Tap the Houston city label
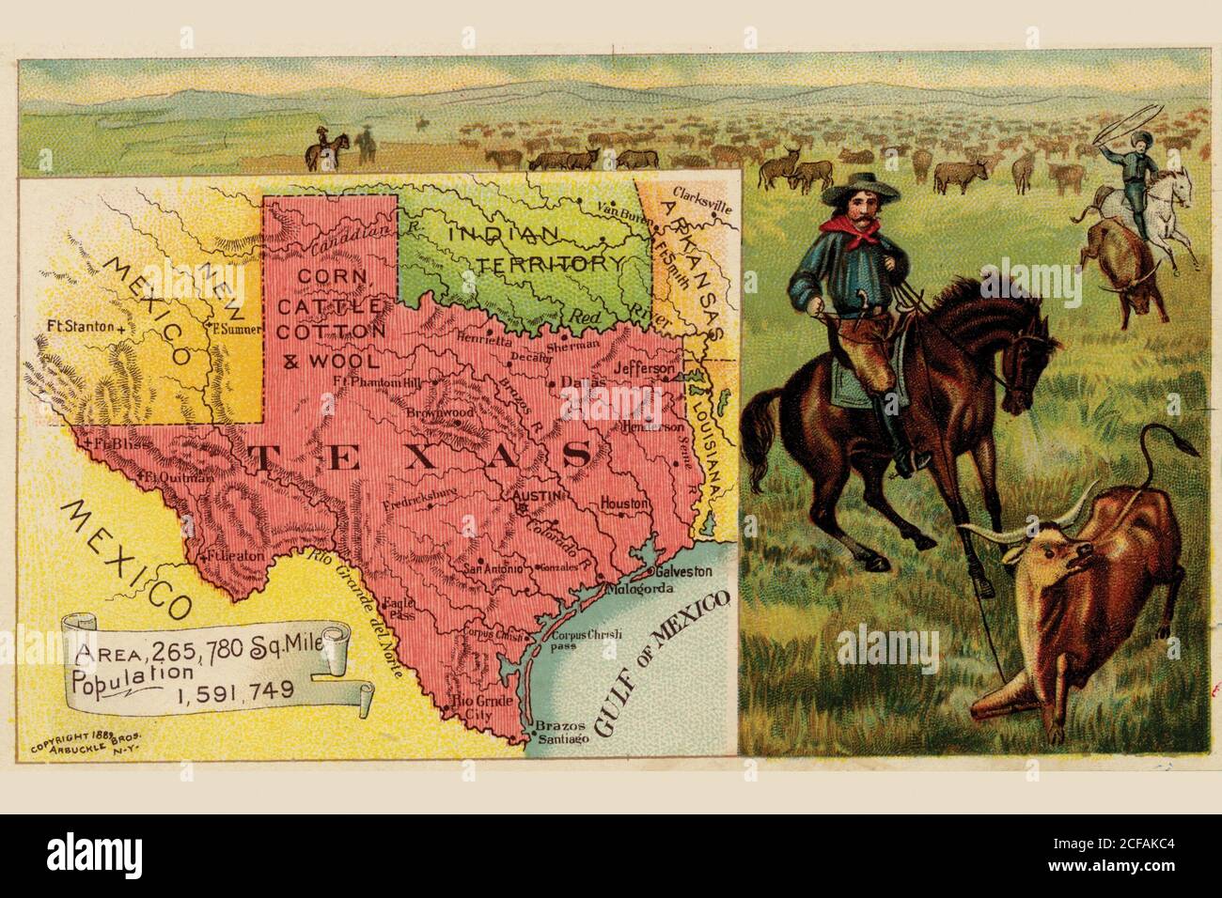click(625, 504)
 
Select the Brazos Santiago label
click(563, 734)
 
